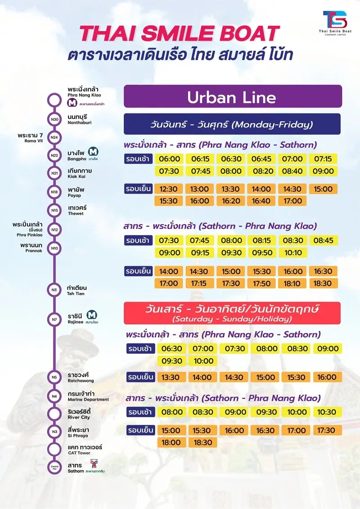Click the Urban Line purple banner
(232, 97)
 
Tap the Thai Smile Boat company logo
(334, 22)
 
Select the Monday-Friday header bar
(232, 124)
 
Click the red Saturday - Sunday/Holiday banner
(232, 312)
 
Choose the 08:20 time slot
(262, 171)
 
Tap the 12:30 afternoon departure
(168, 189)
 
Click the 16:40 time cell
(262, 201)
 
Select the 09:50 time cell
(262, 253)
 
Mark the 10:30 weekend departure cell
(325, 412)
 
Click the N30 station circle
(54, 119)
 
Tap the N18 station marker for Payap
(54, 192)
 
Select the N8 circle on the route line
(54, 290)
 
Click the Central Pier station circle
(54, 467)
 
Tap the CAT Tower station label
(85, 449)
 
